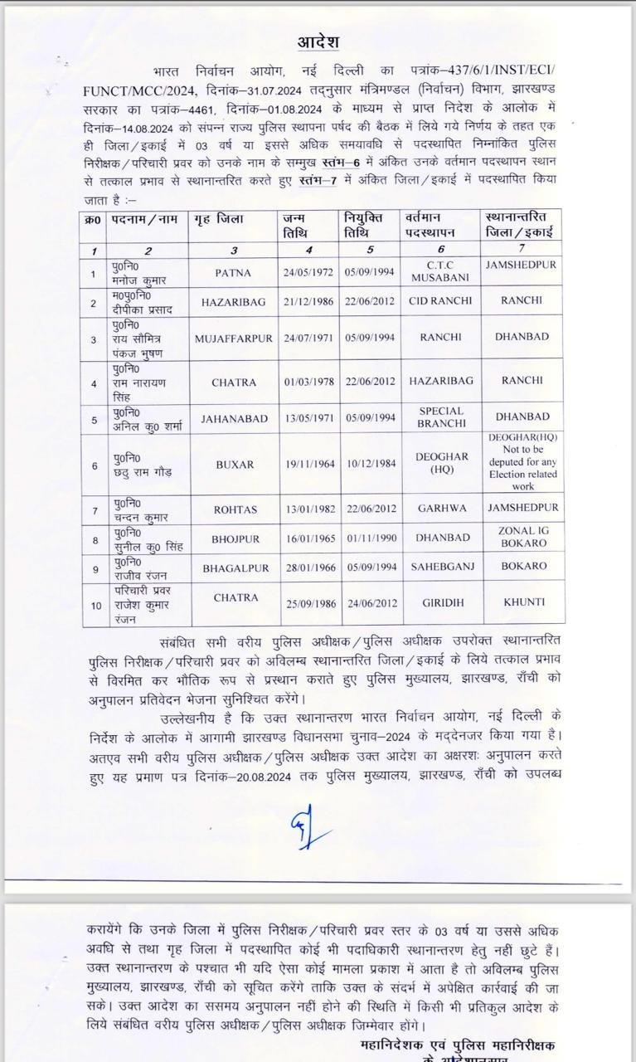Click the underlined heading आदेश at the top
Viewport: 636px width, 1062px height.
tap(318, 42)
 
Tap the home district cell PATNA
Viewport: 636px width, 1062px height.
tap(233, 271)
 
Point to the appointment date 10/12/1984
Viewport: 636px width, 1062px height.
tap(369, 465)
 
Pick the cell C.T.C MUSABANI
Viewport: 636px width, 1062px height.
tap(440, 270)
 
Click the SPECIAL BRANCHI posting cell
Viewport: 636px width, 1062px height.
tap(441, 417)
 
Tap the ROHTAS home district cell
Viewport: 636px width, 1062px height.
tap(233, 508)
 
